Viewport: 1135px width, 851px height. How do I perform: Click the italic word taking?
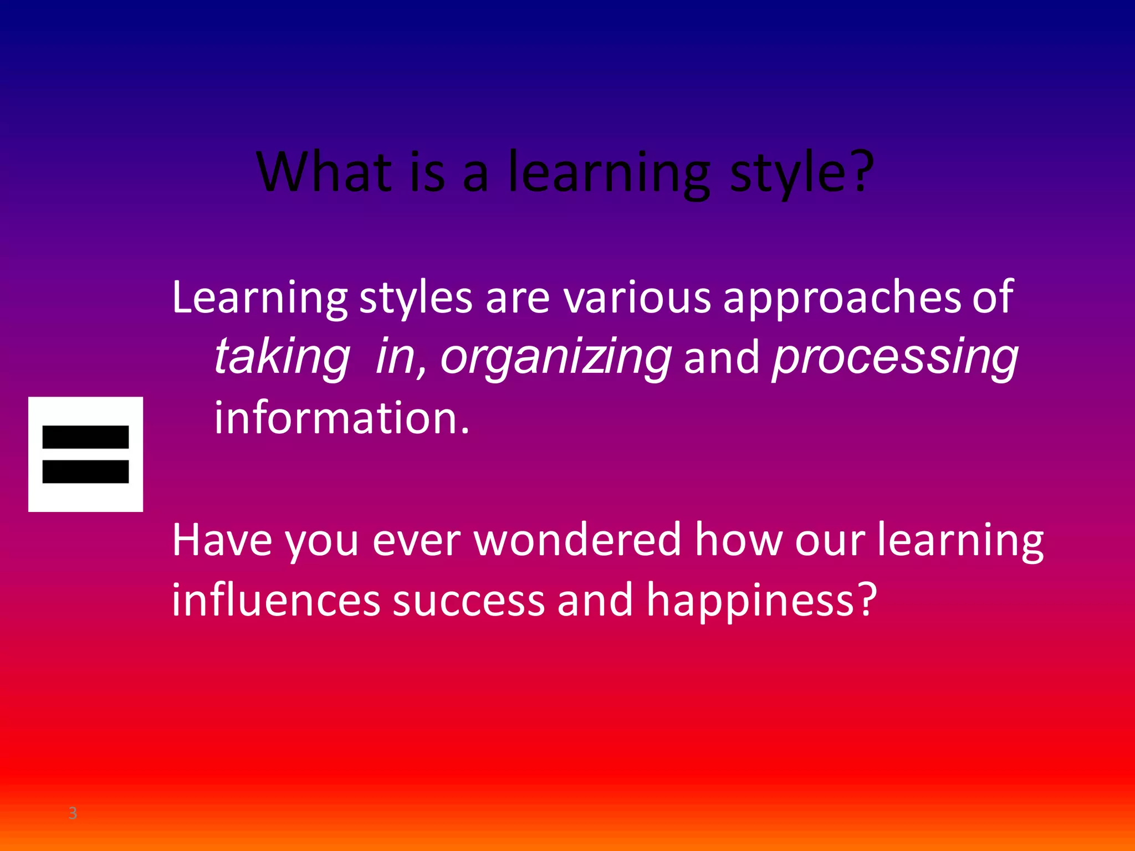click(x=282, y=357)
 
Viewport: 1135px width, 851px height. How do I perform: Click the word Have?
click(x=222, y=540)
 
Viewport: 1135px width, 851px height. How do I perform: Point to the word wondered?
click(x=577, y=540)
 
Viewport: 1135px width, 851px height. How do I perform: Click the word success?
click(x=469, y=601)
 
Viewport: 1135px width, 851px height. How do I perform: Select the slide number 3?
click(x=73, y=813)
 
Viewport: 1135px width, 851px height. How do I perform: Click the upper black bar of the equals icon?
click(x=85, y=437)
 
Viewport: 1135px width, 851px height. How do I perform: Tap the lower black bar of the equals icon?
click(x=85, y=471)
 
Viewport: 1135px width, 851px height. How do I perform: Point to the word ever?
click(x=416, y=541)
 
